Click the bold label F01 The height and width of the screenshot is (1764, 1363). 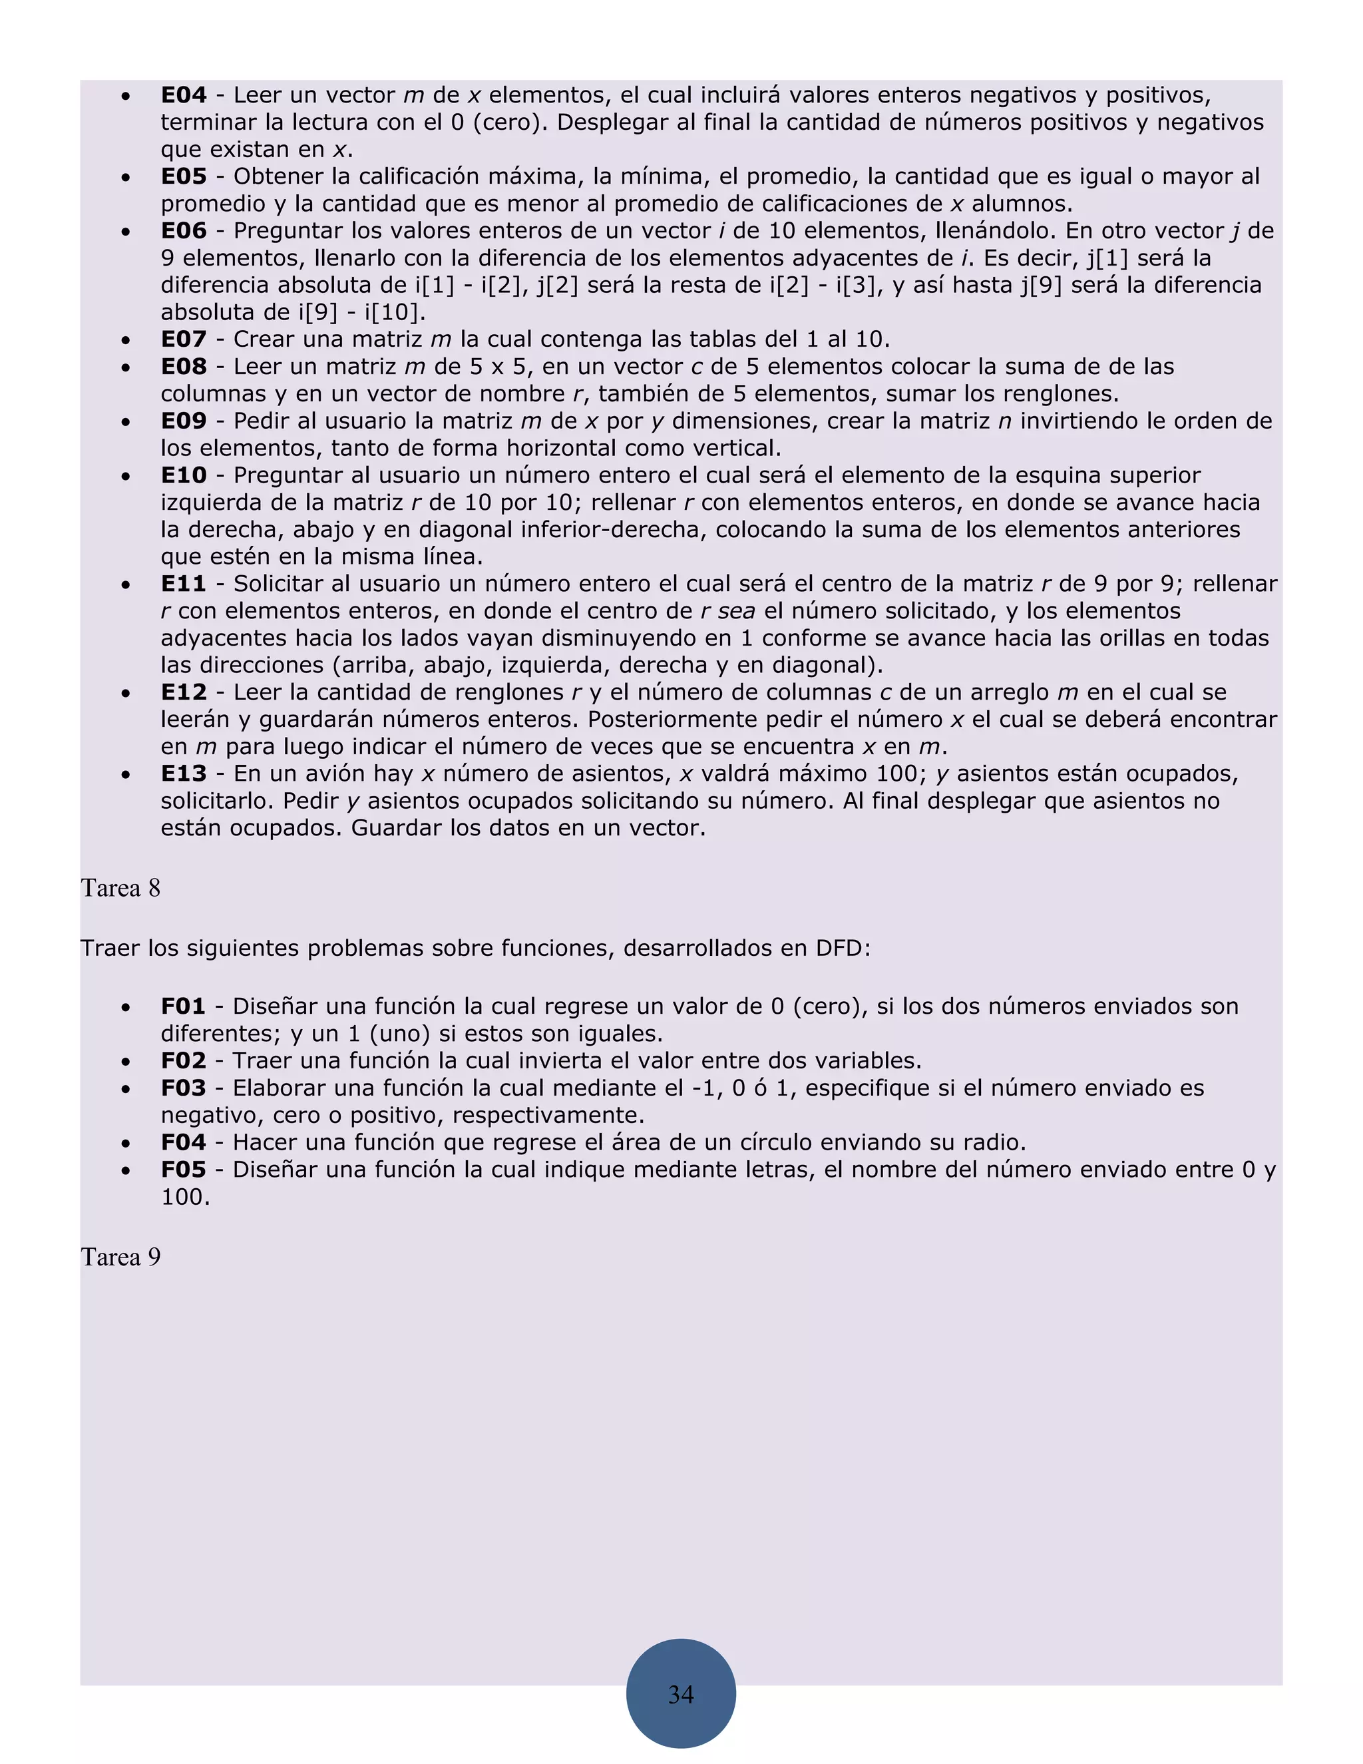(x=183, y=1006)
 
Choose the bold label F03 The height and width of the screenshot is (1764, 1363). (x=183, y=1088)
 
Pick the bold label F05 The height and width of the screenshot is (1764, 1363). (x=183, y=1170)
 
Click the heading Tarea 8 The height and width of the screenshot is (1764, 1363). (x=120, y=889)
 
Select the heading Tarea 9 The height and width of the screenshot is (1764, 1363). (x=120, y=1257)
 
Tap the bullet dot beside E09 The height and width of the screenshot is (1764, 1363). (x=125, y=421)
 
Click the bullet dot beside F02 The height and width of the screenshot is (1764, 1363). (x=125, y=1061)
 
